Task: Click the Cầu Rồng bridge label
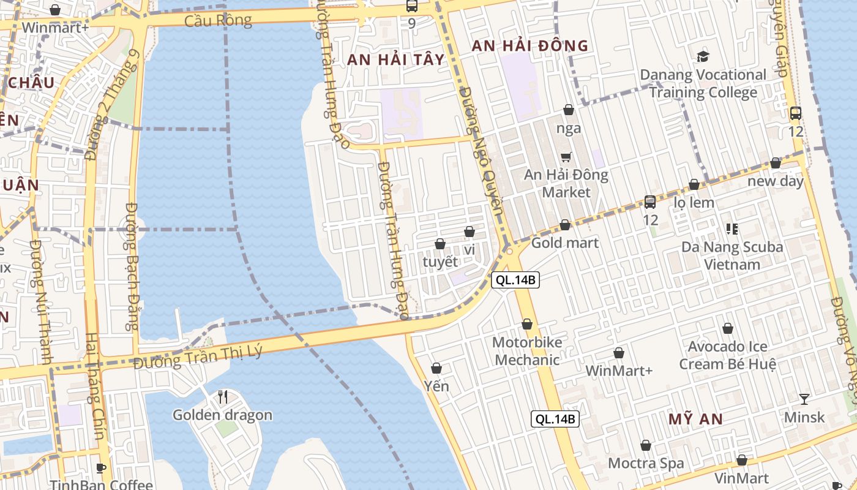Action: [219, 21]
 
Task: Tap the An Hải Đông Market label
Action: [566, 184]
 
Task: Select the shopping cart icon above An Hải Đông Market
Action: [566, 157]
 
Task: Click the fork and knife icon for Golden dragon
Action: [223, 397]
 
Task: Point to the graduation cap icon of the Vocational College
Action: [703, 57]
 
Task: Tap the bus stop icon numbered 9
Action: [411, 7]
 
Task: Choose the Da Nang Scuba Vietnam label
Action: [732, 256]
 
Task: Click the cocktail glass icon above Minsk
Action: [804, 399]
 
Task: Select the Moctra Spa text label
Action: [646, 463]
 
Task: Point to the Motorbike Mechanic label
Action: [527, 351]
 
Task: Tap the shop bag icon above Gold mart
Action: [565, 225]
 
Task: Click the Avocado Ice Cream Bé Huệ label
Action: [728, 355]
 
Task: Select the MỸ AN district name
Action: [695, 420]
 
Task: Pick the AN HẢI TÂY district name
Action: [395, 59]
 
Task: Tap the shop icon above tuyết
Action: [440, 244]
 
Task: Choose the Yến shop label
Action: [436, 386]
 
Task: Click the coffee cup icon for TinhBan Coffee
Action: [102, 469]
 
